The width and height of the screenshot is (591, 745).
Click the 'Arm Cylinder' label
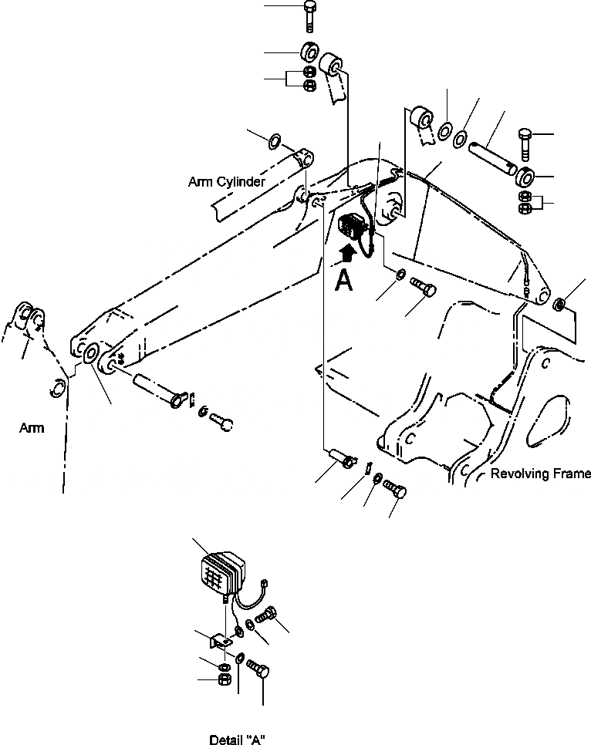coord(226,183)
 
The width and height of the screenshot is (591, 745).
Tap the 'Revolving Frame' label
coord(540,474)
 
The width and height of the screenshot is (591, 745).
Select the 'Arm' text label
coord(31,429)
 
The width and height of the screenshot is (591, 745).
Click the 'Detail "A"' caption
coord(237,740)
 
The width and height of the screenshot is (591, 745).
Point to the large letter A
coord(344,280)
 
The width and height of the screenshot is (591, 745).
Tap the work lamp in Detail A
coord(221,571)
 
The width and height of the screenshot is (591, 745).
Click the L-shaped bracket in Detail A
coord(222,639)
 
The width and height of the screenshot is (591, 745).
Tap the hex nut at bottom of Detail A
coord(224,679)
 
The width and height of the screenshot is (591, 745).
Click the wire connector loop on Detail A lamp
coord(265,584)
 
